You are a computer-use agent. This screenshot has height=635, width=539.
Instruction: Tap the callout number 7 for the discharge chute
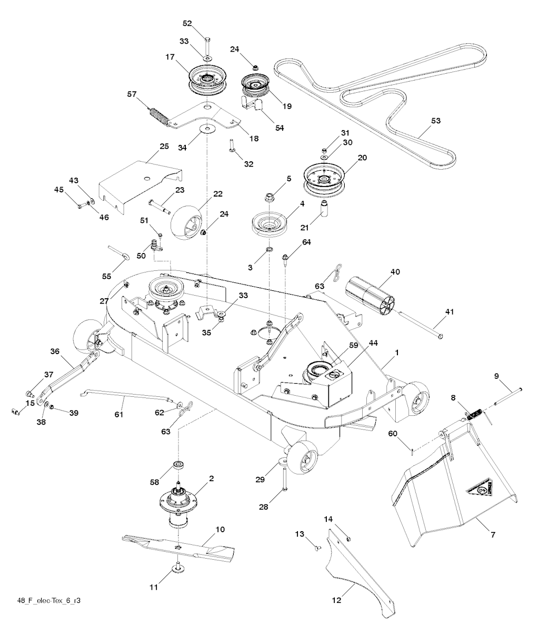(x=493, y=535)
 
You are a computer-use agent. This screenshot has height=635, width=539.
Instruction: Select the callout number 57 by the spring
(x=132, y=94)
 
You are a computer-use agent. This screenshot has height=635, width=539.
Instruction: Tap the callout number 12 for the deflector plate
(x=336, y=600)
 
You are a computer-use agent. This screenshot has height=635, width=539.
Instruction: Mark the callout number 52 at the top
(x=188, y=23)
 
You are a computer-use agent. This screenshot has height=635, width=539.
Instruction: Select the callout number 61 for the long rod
(x=118, y=415)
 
